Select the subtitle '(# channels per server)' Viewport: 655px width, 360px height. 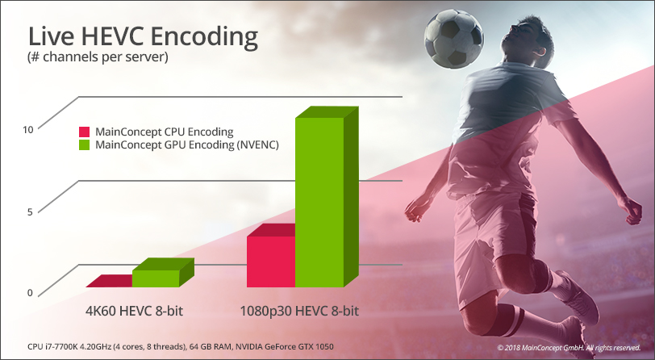click(98, 57)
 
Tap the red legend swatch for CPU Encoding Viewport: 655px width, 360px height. click(85, 132)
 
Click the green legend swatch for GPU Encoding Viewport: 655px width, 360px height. click(85, 145)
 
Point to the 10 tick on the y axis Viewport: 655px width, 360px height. click(27, 130)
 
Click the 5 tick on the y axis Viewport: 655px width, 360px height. click(30, 212)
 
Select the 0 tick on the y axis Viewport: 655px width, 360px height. click(30, 293)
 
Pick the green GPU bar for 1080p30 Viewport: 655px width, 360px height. click(319, 203)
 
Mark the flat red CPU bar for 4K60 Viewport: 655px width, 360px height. click(110, 281)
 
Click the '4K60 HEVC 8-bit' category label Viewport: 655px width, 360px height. click(135, 312)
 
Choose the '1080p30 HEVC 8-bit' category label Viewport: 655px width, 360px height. click(299, 312)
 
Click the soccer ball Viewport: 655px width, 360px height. click(454, 39)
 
